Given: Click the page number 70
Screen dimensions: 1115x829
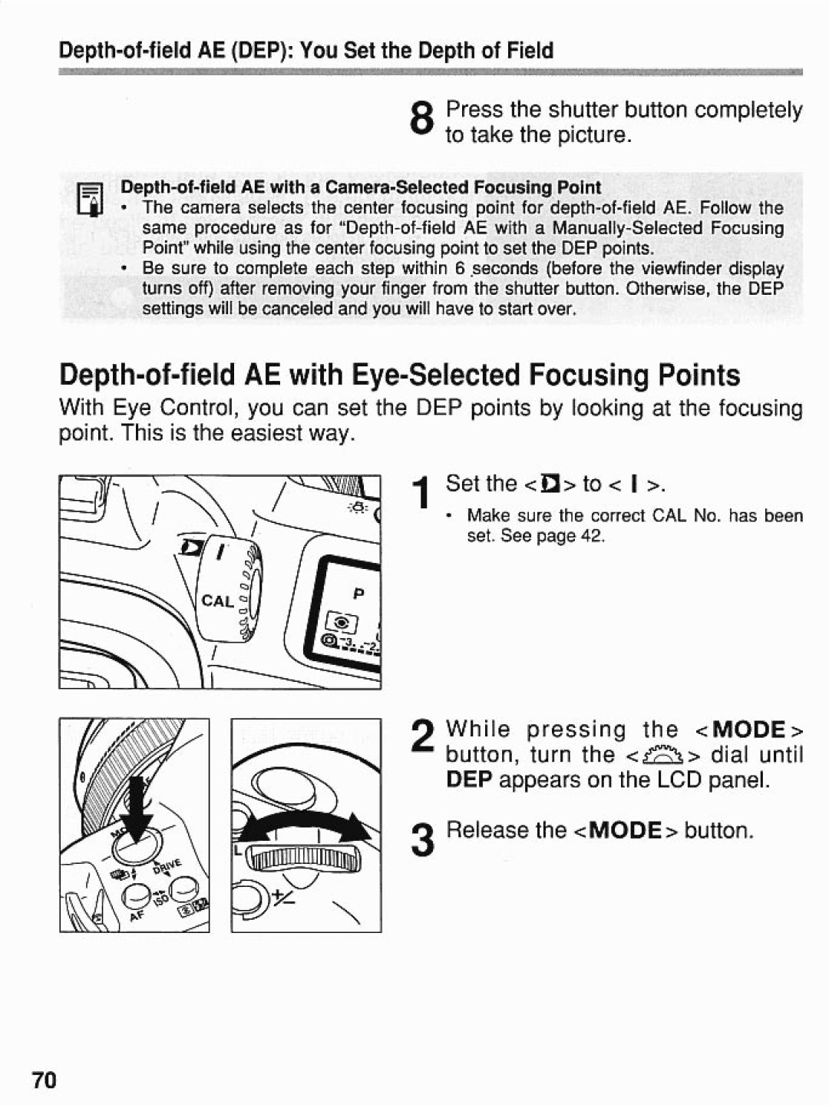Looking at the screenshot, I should [45, 1080].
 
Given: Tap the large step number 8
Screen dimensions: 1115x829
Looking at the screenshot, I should [421, 121].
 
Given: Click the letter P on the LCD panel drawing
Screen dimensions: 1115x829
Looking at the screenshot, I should [358, 594].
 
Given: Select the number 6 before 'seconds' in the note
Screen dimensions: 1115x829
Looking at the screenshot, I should [459, 269].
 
